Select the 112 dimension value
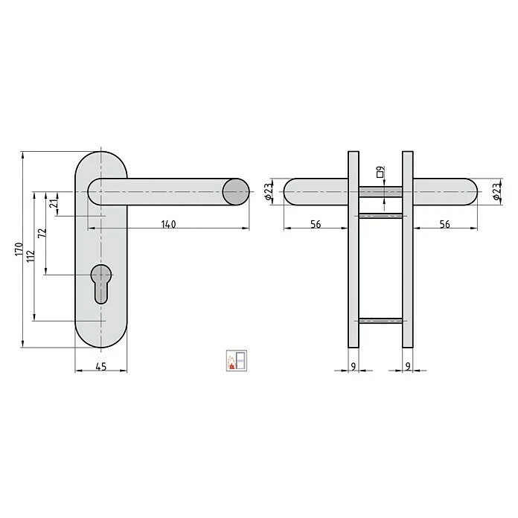30,257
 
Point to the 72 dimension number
42,232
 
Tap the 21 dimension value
53,204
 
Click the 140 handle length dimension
168,224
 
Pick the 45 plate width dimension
101,365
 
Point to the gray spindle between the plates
380,192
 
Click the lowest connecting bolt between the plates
380,322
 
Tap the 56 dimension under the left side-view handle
316,224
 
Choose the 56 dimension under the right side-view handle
444,224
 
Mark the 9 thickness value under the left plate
353,365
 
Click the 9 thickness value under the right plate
408,365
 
